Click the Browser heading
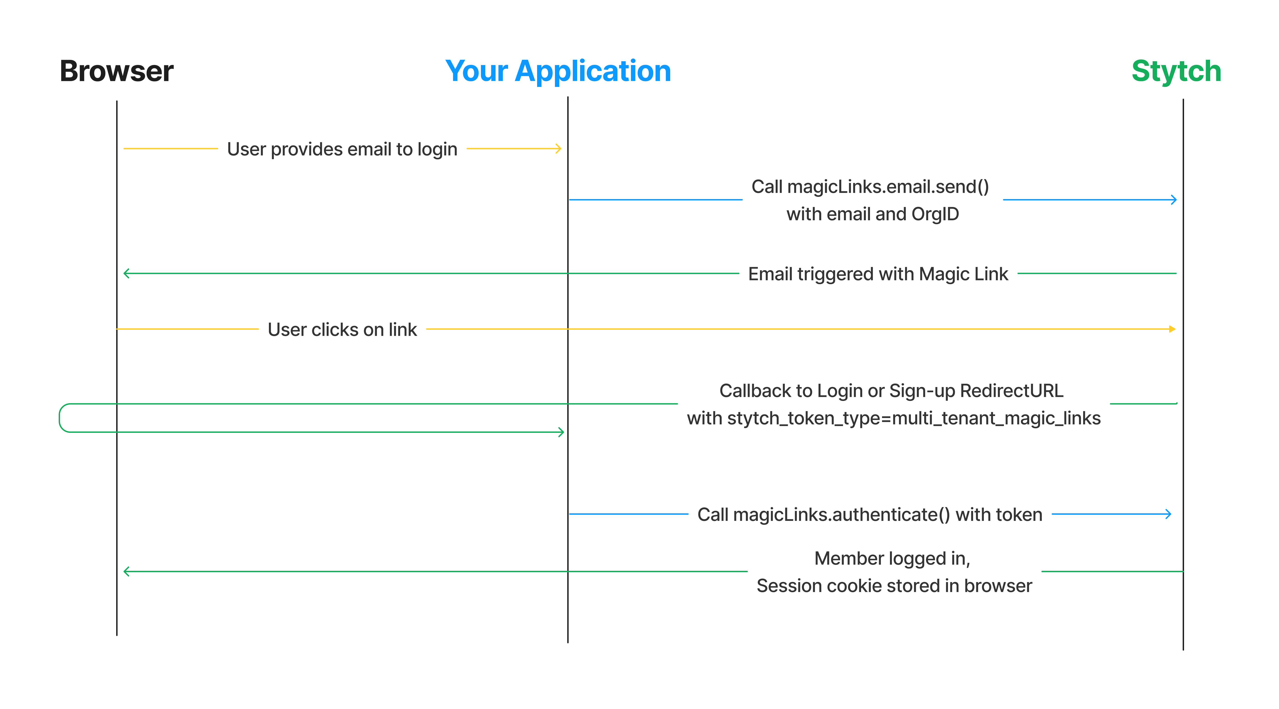pos(117,71)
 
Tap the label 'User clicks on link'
pos(342,330)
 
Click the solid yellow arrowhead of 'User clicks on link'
pos(1173,329)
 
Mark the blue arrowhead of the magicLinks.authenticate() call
pos(1168,514)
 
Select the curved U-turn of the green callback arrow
pos(60,418)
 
